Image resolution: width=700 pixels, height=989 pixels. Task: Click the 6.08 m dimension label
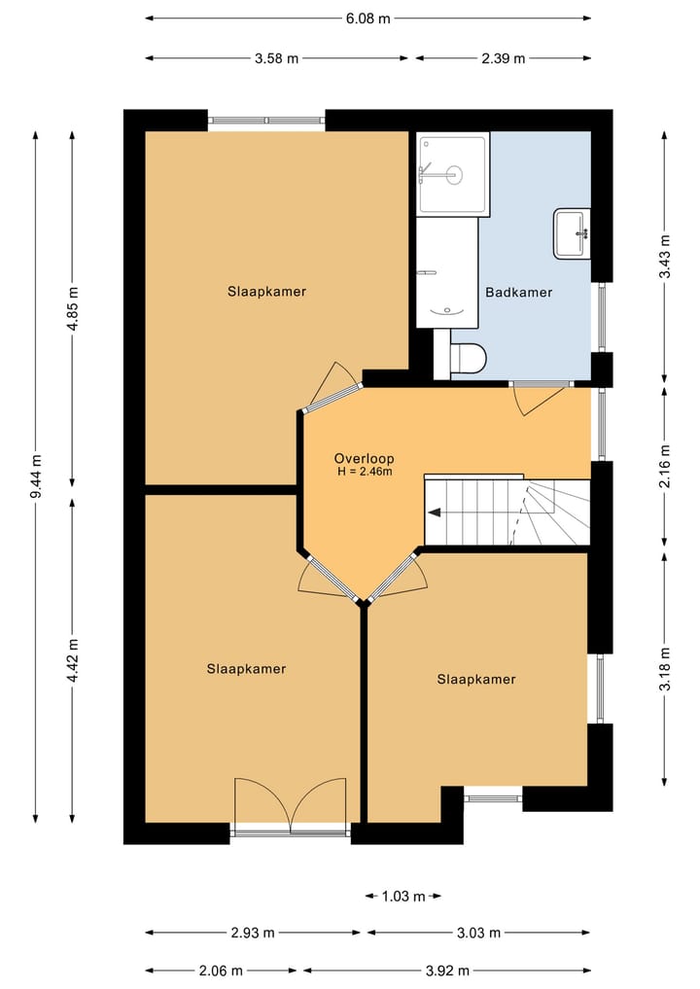tap(367, 18)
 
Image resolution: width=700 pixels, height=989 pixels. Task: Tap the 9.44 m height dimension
tap(36, 477)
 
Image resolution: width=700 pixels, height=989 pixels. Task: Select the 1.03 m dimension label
tap(403, 896)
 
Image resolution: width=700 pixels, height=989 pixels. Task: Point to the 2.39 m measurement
tap(504, 58)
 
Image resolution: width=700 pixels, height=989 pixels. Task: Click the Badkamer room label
tap(518, 292)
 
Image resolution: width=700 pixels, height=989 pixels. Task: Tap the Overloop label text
tap(364, 459)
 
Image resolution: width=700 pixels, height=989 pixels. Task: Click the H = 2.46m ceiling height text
tap(365, 472)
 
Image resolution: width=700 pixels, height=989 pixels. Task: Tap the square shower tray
tap(453, 173)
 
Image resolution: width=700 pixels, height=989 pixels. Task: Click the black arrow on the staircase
tap(435, 512)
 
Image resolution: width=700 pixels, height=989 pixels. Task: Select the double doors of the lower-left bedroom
tap(291, 804)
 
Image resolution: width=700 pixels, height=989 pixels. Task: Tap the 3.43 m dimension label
tap(665, 256)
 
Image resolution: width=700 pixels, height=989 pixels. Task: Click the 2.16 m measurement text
tap(665, 466)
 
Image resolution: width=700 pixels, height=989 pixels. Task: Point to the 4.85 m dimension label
tap(73, 308)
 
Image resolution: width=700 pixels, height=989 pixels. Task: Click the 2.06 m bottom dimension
tap(220, 971)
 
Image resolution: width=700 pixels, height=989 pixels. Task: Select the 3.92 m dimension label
tap(446, 971)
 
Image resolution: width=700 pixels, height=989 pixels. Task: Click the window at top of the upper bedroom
tap(266, 121)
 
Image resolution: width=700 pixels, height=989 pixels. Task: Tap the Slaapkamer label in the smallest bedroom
tap(476, 680)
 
